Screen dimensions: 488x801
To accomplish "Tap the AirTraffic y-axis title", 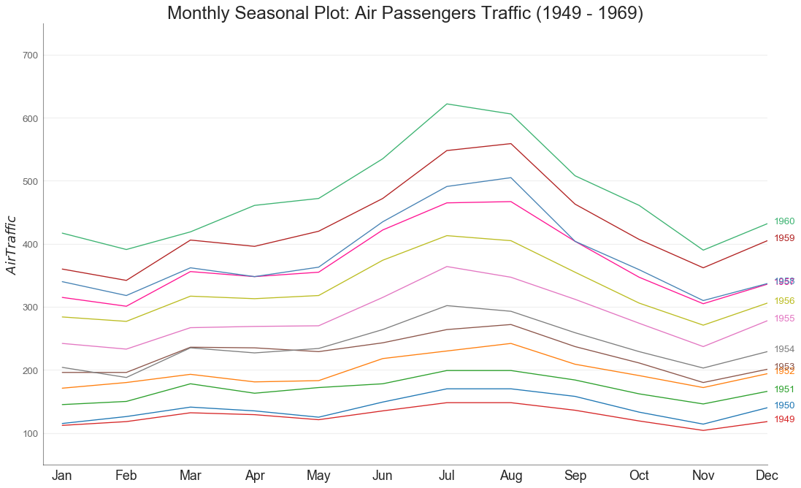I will click(x=11, y=245).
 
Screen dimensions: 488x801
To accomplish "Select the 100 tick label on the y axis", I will click(x=29, y=434).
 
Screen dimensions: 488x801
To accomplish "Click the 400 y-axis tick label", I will click(x=29, y=245).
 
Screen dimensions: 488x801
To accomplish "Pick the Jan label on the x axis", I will click(x=62, y=476).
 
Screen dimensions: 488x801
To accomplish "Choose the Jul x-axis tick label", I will click(x=447, y=476).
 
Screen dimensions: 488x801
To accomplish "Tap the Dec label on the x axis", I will click(x=767, y=476).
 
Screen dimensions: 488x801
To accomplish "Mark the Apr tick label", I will click(x=255, y=476).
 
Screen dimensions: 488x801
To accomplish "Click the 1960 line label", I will click(x=784, y=221).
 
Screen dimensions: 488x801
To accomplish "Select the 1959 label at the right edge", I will click(x=784, y=238).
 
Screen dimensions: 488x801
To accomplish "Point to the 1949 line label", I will click(x=784, y=419).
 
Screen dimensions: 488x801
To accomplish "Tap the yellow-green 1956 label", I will click(x=784, y=301).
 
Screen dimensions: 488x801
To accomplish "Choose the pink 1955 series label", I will click(x=784, y=319).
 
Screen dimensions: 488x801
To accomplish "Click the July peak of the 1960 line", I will click(x=447, y=104).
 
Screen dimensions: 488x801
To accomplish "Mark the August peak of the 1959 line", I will click(x=511, y=143).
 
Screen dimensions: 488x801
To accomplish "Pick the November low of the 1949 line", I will click(x=703, y=430).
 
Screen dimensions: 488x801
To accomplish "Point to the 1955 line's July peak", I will click(x=447, y=266).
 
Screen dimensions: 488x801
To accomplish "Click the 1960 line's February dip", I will click(x=126, y=249).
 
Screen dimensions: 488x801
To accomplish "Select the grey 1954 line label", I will click(x=784, y=349).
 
